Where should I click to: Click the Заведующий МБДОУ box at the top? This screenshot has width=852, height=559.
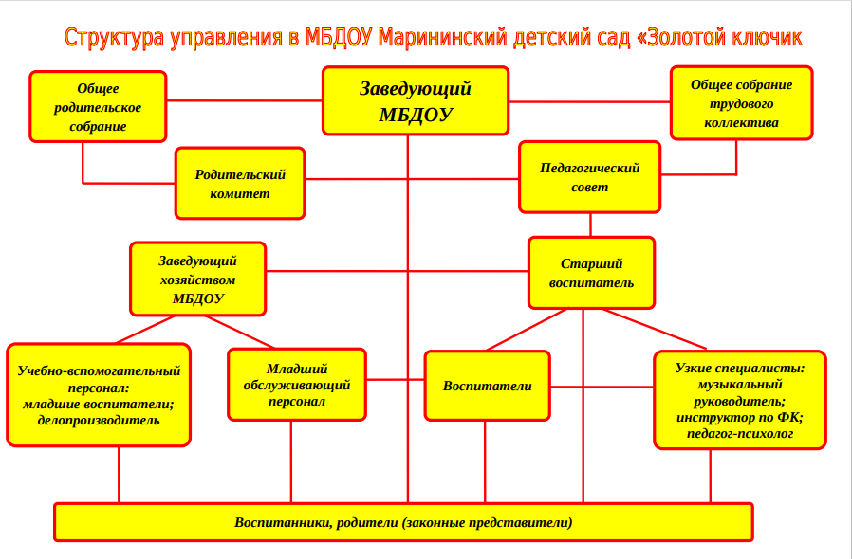tap(416, 101)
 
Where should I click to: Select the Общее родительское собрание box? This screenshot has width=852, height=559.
tap(98, 107)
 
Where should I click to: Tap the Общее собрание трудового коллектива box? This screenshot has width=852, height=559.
tap(742, 103)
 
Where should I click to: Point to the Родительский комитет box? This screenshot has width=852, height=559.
tap(240, 184)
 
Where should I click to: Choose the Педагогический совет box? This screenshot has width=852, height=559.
tap(590, 177)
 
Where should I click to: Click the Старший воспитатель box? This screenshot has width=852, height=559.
tap(592, 273)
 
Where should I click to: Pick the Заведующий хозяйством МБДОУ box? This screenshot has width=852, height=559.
tap(197, 279)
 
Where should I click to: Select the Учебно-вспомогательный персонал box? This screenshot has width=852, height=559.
tap(99, 395)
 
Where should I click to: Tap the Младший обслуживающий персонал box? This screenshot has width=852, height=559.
tap(297, 385)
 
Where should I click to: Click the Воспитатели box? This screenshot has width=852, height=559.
tap(488, 386)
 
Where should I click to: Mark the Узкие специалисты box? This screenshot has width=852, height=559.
tap(740, 400)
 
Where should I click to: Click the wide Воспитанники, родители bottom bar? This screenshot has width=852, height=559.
tap(404, 522)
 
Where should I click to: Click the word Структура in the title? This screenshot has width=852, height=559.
tap(114, 38)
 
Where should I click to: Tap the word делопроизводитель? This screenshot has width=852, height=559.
tap(99, 420)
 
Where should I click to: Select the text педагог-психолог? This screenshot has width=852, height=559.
tap(740, 434)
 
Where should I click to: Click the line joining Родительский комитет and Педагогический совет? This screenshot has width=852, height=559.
tap(412, 179)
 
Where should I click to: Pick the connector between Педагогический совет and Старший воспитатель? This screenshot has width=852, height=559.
tap(591, 225)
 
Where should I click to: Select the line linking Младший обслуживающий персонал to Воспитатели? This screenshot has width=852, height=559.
tap(396, 379)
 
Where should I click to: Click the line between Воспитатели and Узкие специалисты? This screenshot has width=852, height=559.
tap(602, 387)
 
